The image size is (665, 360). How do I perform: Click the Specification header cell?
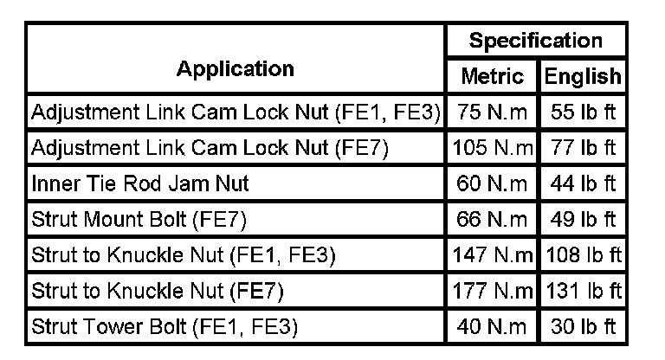535,41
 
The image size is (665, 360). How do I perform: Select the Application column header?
236,68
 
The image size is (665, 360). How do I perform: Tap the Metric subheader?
493,76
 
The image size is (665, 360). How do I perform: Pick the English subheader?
582,76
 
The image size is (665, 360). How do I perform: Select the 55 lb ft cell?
582,112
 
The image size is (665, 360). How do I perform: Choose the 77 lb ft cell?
582,148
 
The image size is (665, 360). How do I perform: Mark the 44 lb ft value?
582,184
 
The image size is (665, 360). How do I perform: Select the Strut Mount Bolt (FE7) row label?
139,220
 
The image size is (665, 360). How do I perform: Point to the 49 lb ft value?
582,220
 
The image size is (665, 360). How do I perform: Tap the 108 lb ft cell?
582,256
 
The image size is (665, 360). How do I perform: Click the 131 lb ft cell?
582,292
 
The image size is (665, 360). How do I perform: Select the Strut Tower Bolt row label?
165,328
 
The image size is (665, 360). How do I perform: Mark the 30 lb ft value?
582,328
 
